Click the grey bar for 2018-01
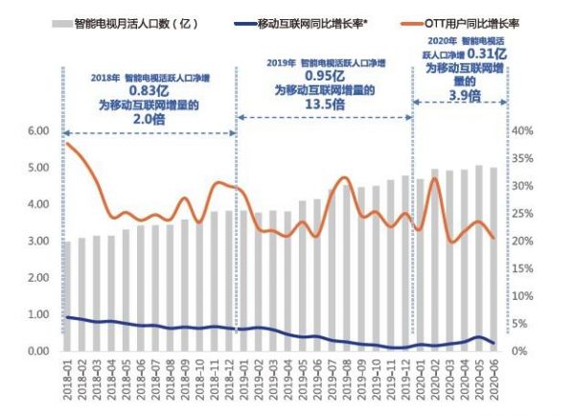click(67, 296)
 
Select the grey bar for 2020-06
click(494, 259)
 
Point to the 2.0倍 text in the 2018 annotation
click(147, 120)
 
